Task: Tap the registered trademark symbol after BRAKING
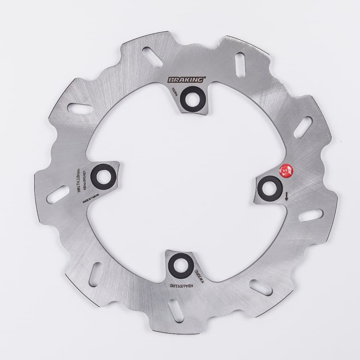[x=206, y=77]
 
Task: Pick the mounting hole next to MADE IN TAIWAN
[x=104, y=176]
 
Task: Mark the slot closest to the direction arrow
[x=310, y=215]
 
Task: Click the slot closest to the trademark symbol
[x=240, y=62]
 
